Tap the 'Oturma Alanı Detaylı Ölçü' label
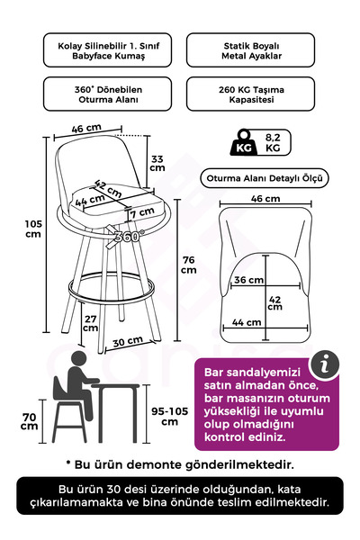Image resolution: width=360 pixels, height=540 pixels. pyautogui.click(x=263, y=178)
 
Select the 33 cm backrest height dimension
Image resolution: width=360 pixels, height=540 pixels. pyautogui.click(x=157, y=162)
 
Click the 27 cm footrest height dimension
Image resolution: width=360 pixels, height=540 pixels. pyautogui.click(x=90, y=322)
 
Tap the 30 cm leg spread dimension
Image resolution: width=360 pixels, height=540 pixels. pyautogui.click(x=127, y=341)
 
